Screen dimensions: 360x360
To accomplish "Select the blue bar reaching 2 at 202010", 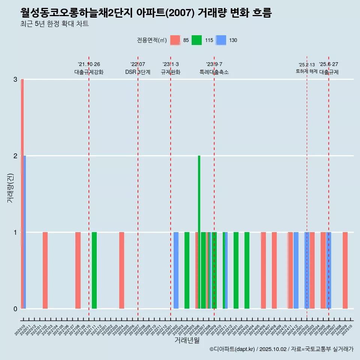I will tap(25, 232).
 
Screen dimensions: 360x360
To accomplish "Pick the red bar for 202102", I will tap(45, 270).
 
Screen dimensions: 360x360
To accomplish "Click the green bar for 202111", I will tap(94, 270).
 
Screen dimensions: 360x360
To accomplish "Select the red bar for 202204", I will tap(121, 270).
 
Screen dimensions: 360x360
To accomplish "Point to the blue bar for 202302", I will tap(176, 270).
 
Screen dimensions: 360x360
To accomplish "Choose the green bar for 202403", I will tap(247, 270).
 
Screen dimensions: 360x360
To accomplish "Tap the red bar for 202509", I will tap(345, 270).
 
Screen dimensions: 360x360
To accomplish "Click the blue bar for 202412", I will tap(296, 270).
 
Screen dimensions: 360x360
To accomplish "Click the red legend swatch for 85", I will tap(175, 40).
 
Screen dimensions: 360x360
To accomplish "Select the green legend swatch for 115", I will tap(196, 40).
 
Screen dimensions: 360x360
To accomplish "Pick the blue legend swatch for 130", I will tap(221, 40).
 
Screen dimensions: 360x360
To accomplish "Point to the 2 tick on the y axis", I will tap(15, 156).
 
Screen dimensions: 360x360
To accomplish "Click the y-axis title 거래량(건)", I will tap(10, 187).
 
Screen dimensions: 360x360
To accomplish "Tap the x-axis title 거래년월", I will tap(187, 340).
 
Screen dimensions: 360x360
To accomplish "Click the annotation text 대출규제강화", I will tap(89, 72).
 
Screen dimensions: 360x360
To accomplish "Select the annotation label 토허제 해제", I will tap(307, 71).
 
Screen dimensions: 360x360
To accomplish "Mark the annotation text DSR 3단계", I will tap(138, 72).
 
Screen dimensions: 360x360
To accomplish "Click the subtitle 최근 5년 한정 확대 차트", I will tap(55, 24).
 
